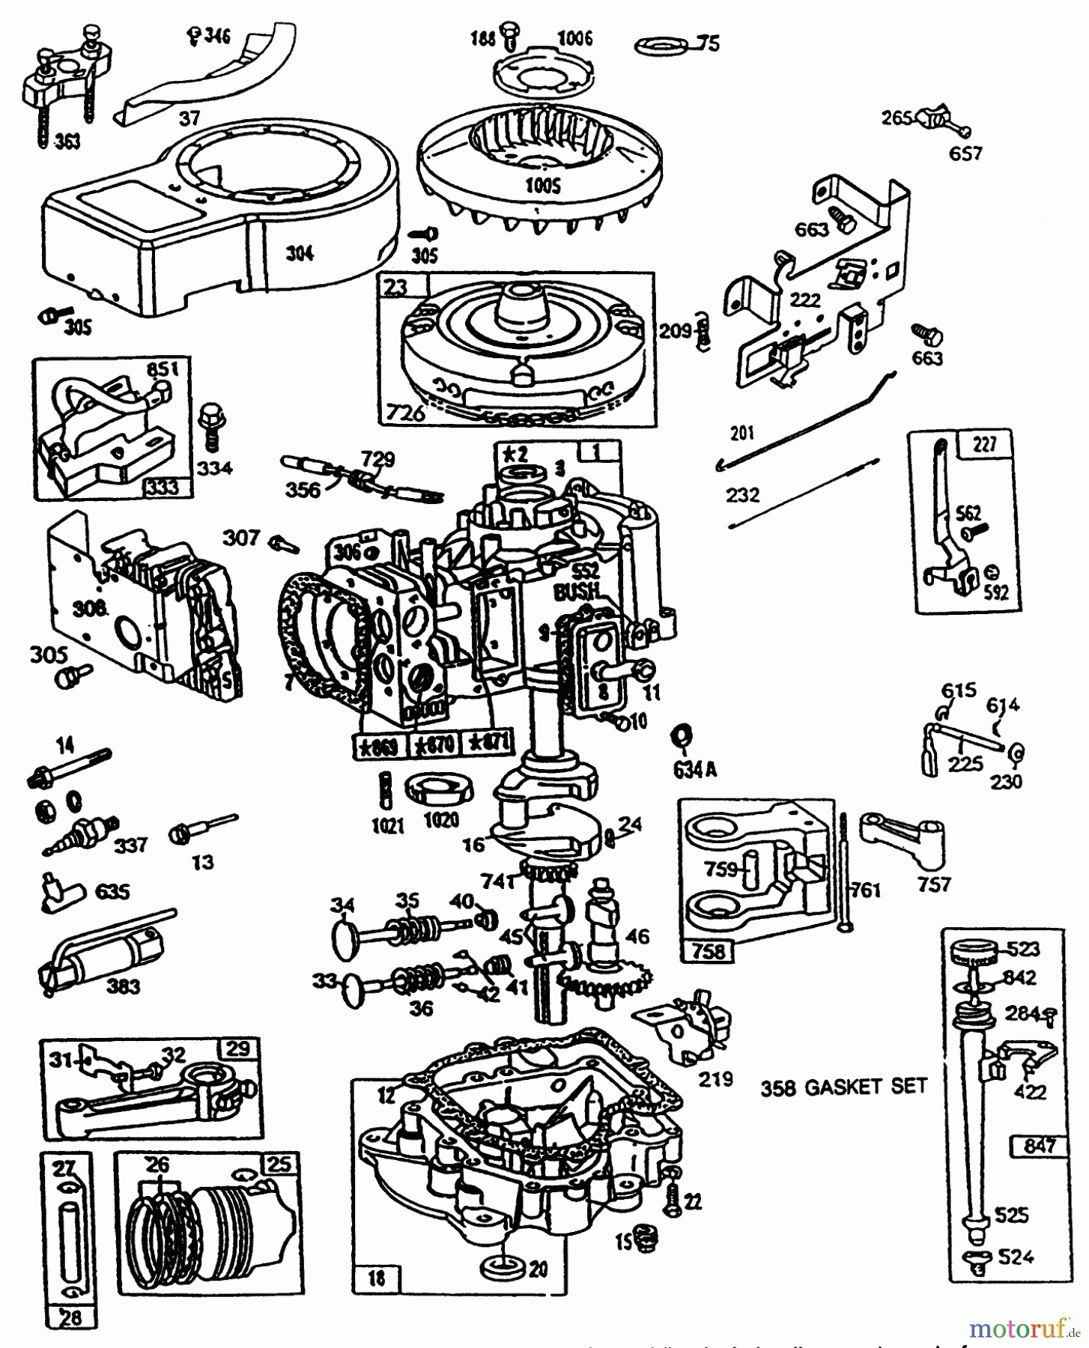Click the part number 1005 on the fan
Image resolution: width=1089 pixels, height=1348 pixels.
pyautogui.click(x=542, y=185)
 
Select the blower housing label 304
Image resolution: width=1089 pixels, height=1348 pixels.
pyautogui.click(x=300, y=253)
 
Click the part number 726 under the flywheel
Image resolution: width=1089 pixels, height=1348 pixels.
pyautogui.click(x=405, y=412)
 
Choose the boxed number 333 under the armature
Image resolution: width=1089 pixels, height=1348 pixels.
pyautogui.click(x=162, y=488)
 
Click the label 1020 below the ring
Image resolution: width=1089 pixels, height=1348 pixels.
pyautogui.click(x=440, y=821)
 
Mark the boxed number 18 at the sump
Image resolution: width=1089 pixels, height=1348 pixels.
pyautogui.click(x=377, y=1277)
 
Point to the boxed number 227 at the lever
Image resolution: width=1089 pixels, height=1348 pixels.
pyautogui.click(x=984, y=444)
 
